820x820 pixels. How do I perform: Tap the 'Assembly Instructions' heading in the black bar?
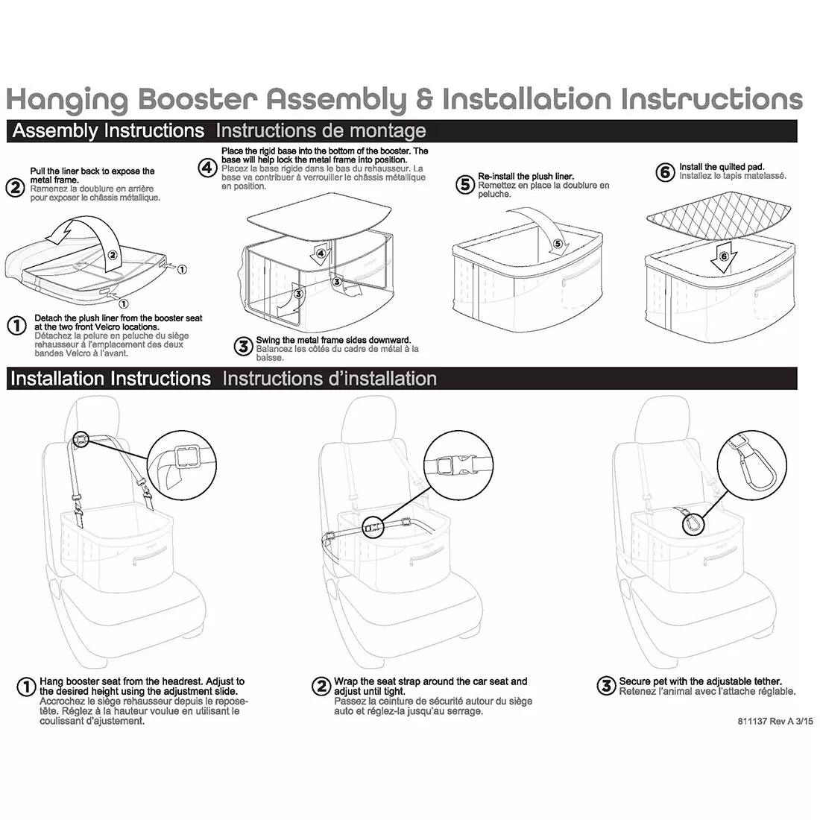click(x=108, y=131)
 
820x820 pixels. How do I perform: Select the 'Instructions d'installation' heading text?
click(x=329, y=379)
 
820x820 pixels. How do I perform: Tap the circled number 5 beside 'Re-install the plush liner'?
click(x=465, y=185)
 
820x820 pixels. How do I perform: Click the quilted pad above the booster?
click(x=719, y=218)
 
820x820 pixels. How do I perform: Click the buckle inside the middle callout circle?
click(x=453, y=467)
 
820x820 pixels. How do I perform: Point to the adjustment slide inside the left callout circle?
click(x=182, y=456)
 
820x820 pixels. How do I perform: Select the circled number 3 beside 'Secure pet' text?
click(x=606, y=686)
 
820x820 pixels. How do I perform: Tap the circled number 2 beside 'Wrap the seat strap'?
click(x=321, y=686)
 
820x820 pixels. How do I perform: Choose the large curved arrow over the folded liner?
click(x=78, y=224)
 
